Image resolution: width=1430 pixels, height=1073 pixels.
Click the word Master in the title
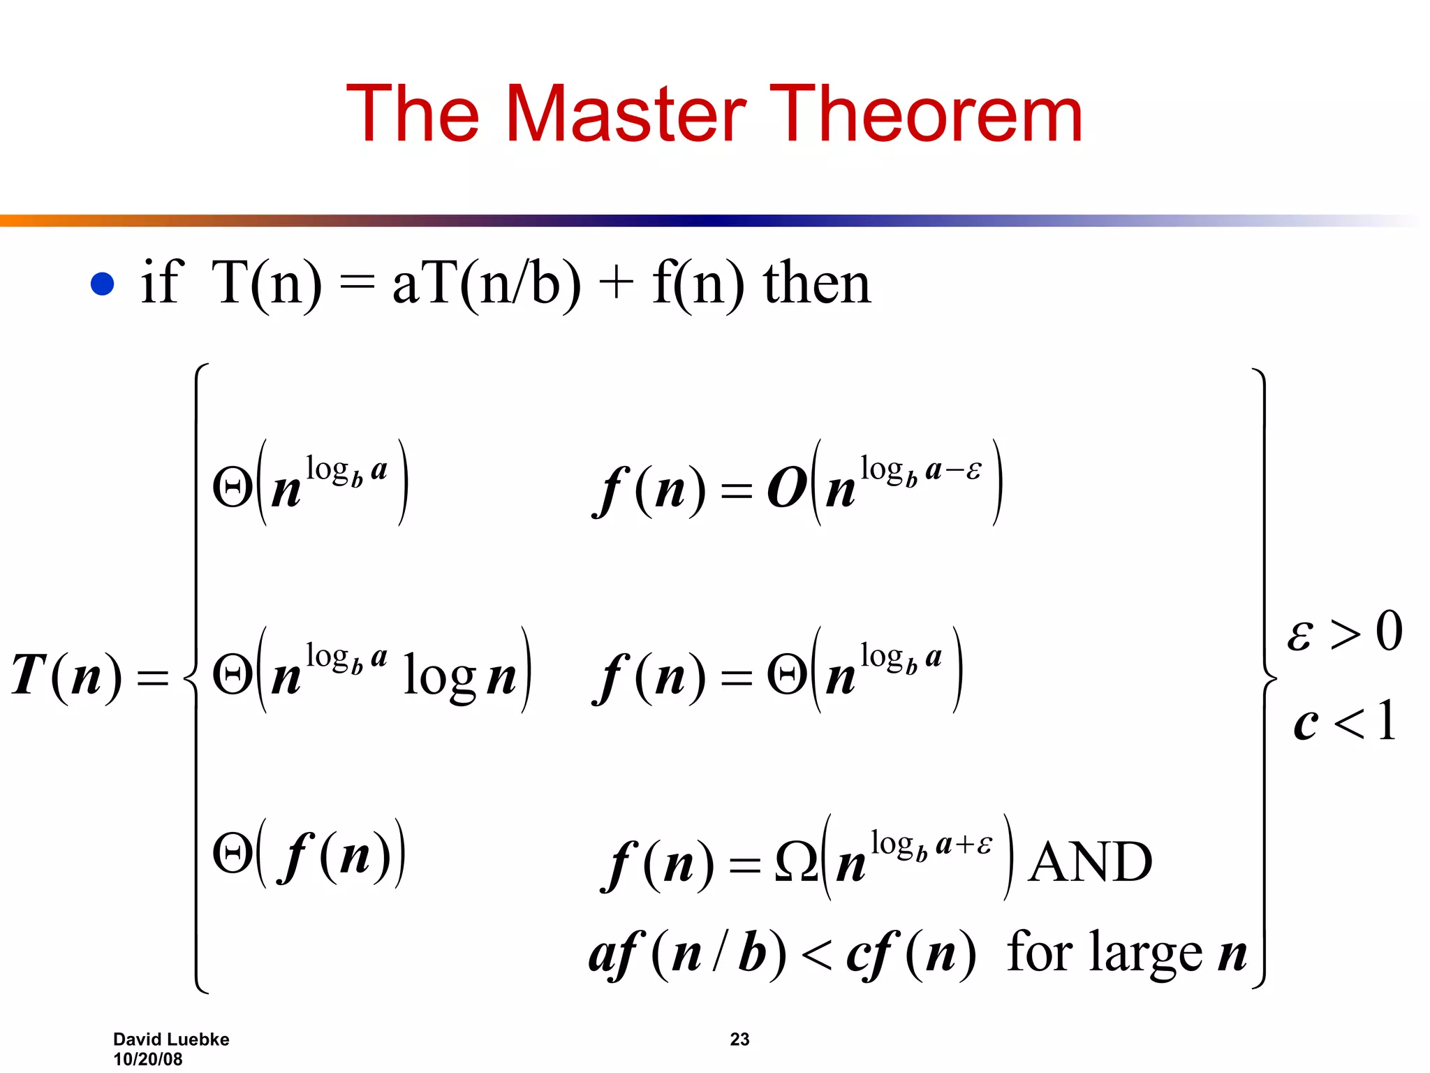(x=626, y=114)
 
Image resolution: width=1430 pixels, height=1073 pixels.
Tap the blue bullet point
(x=103, y=284)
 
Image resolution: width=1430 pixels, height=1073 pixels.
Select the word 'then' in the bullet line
(x=817, y=284)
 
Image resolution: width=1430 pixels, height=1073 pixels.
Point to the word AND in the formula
(x=1090, y=862)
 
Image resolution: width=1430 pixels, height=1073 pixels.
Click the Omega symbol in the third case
(x=796, y=862)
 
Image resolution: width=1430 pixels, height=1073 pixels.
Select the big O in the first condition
(x=787, y=488)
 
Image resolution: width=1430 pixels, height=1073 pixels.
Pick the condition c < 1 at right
(x=1344, y=722)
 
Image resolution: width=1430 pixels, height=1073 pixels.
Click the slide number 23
(x=739, y=1039)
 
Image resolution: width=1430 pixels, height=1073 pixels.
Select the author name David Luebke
(x=171, y=1039)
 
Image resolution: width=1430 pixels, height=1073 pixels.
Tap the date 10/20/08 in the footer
(x=148, y=1059)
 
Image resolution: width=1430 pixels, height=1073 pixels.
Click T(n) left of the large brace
(x=66, y=676)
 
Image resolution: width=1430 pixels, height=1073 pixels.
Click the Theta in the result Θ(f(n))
(x=233, y=854)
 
